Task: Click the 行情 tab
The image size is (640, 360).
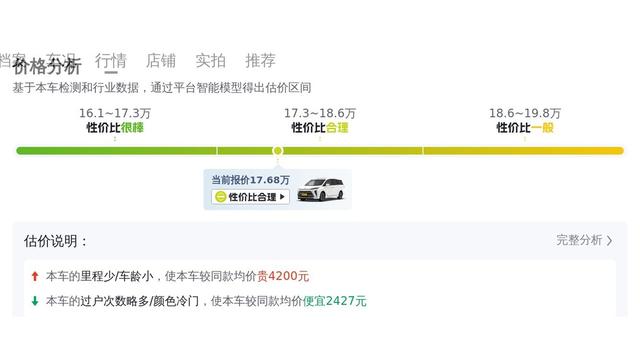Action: point(110,60)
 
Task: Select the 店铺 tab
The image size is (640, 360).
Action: point(160,60)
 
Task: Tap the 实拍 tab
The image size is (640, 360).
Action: point(210,60)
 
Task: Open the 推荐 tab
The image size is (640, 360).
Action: point(260,60)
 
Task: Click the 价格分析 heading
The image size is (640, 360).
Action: point(47,68)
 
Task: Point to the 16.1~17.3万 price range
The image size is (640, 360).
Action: point(115,113)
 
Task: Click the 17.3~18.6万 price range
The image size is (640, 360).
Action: point(320,113)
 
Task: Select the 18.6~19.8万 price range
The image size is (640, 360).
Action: point(525,113)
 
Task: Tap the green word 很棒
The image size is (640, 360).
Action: point(131,128)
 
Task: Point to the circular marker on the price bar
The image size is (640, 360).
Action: point(277,151)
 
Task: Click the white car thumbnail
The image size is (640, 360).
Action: point(322,188)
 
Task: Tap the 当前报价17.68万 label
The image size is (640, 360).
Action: point(250,180)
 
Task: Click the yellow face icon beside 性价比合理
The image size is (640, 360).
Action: point(220,197)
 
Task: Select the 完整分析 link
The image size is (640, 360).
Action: point(584,240)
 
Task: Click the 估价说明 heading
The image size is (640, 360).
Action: point(56,241)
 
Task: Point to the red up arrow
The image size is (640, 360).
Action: point(35,276)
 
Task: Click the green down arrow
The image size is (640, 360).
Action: point(35,301)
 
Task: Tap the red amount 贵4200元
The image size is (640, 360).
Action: point(283,276)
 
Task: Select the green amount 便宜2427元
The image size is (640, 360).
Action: point(335,301)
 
